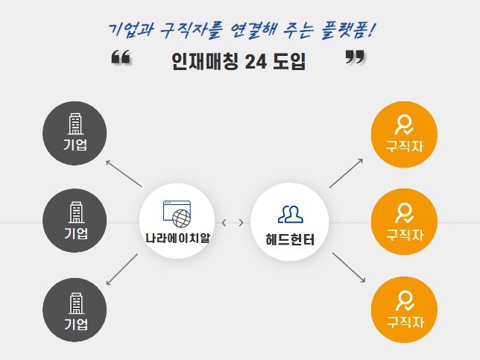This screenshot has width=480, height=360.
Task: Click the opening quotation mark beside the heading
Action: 121,57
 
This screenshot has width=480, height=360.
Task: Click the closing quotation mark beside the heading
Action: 355,57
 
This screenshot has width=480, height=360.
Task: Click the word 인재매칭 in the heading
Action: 205,61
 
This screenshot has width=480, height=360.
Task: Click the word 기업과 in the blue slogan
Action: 131,30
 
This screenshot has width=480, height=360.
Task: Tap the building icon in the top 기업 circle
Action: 75,124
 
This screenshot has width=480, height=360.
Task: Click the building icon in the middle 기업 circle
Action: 76,212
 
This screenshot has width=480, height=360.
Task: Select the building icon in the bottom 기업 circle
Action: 76,303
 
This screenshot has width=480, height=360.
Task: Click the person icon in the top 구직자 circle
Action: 404,124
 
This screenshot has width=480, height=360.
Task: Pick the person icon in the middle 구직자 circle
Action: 404,212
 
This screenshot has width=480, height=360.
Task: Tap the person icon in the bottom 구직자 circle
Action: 405,301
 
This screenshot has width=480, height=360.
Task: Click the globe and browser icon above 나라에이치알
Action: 177,214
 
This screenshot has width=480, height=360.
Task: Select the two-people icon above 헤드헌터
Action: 291,214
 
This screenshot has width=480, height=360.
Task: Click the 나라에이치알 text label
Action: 178,239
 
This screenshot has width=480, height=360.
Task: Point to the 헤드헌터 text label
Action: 290,239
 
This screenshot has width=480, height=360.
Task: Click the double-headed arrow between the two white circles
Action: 233,223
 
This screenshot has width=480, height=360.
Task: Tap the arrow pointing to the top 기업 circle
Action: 124,173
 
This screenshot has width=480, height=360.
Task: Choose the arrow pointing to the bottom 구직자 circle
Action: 349,268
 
